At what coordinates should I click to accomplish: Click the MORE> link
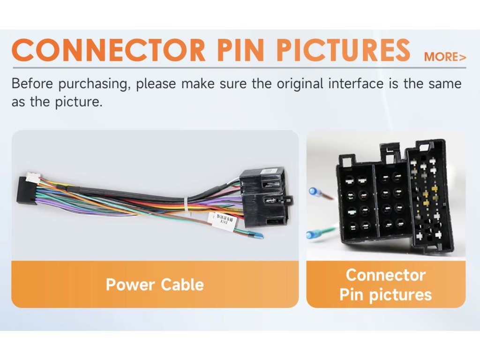tap(445, 57)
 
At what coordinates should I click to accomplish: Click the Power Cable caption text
tap(155, 285)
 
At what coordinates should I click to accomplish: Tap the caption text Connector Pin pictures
tap(386, 285)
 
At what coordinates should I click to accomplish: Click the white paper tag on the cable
tap(219, 218)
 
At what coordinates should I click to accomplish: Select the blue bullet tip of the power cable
tap(256, 235)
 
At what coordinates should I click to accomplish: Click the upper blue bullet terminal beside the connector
tap(315, 192)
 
